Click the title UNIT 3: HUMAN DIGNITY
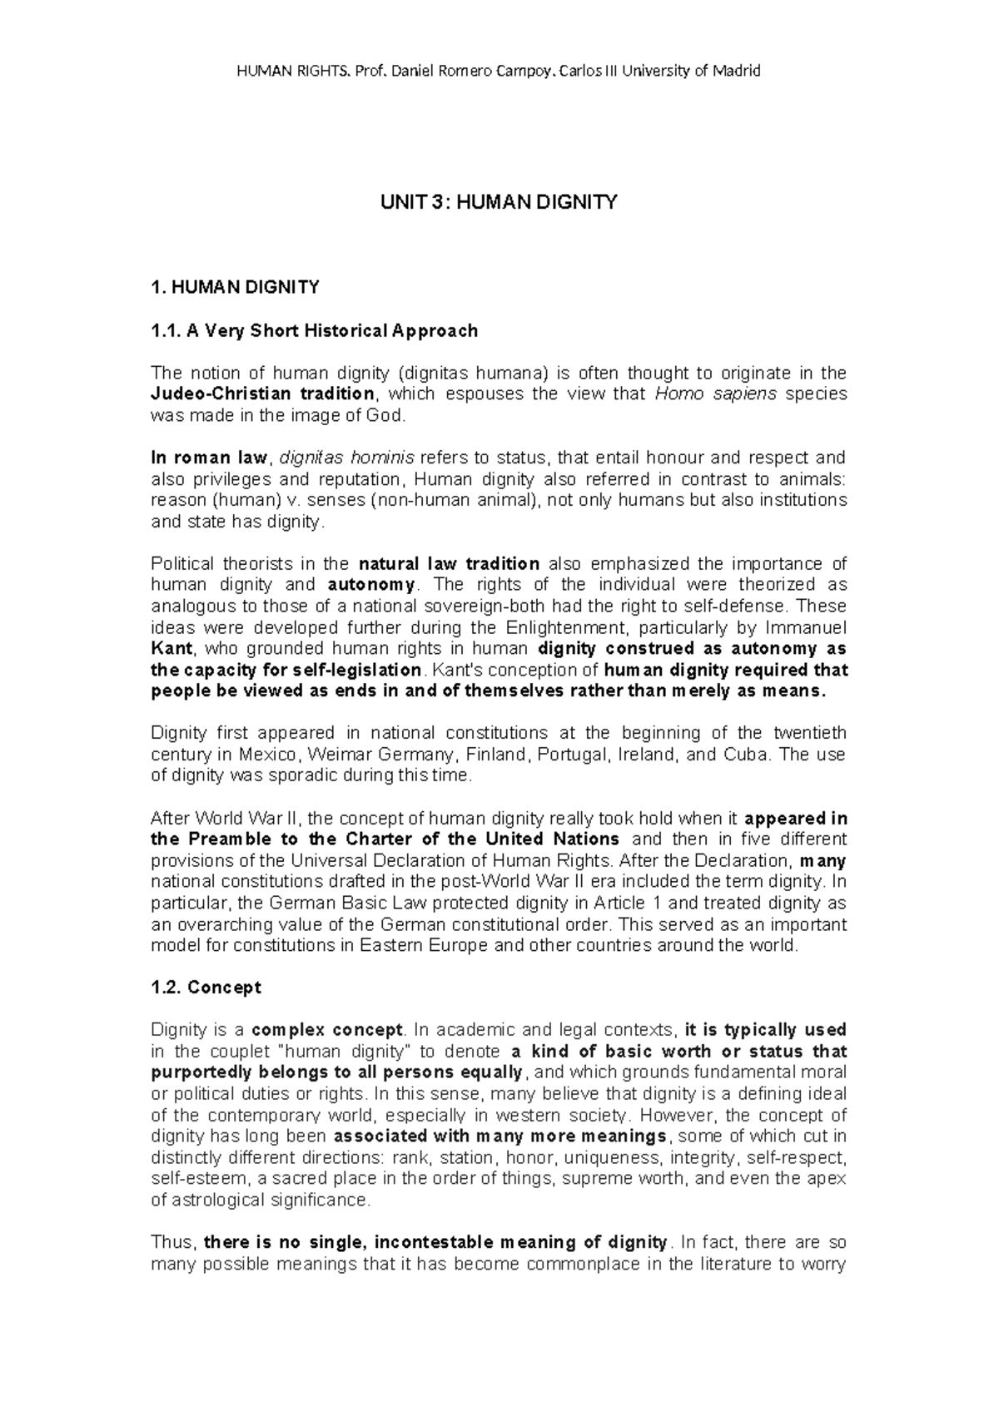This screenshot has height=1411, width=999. [499, 202]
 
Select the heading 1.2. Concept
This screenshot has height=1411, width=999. [206, 988]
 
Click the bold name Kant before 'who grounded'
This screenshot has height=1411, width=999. [171, 648]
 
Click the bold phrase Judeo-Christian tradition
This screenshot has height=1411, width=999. [262, 394]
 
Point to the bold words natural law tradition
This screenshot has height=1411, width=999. [448, 564]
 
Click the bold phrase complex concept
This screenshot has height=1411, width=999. [328, 1030]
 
